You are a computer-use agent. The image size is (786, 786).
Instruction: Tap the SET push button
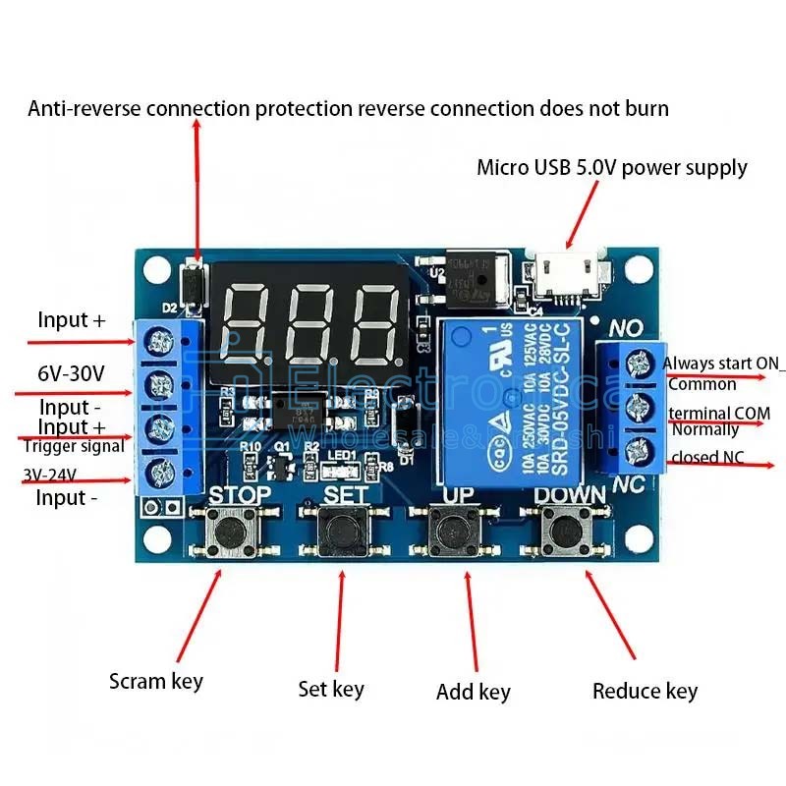pos(343,533)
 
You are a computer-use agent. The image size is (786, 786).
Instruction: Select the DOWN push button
pos(565,533)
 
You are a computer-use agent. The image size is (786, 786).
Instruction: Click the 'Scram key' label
pos(155,681)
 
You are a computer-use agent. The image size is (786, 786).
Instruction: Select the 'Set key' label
pos(331,689)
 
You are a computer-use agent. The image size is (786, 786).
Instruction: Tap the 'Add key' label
pos(473,692)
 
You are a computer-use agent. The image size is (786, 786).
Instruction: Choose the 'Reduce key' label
pos(645,691)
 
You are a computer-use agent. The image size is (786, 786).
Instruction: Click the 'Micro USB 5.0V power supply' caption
pos(611,167)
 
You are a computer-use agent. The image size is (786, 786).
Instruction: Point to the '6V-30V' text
pos(71,373)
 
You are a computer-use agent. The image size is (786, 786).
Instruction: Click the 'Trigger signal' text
pos(74,446)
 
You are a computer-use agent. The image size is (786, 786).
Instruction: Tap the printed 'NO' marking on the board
pos(628,327)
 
